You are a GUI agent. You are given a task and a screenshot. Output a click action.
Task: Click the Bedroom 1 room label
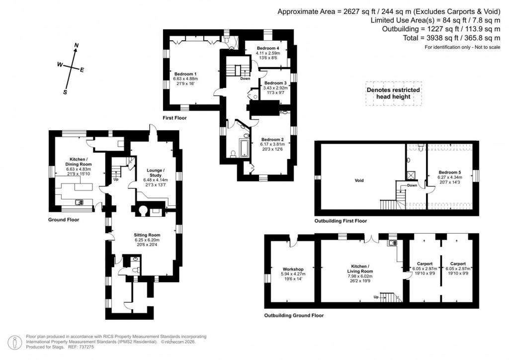click(185, 74)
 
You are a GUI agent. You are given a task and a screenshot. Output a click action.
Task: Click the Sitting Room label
click(147, 235)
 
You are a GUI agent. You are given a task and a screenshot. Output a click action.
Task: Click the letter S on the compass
click(65, 92)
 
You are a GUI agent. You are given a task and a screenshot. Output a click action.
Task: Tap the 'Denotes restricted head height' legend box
click(393, 93)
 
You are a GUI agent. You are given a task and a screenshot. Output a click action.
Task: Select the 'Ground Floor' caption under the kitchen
click(63, 219)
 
